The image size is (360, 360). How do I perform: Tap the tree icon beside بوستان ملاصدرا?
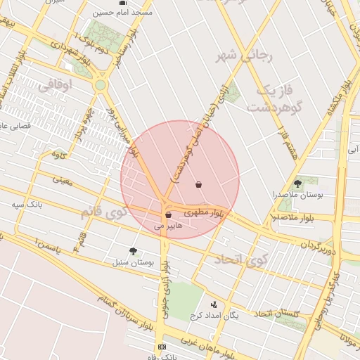(x=298, y=183)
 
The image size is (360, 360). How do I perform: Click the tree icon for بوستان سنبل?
(x=133, y=251)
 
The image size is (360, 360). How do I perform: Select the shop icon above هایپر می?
(x=168, y=215)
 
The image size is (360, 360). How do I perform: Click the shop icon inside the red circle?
(x=199, y=185)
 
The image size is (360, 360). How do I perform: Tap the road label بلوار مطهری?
(x=207, y=211)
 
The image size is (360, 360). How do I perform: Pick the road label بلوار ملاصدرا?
(x=290, y=217)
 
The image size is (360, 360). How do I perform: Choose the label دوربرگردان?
(x=321, y=247)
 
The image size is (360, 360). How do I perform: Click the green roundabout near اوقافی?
(x=101, y=85)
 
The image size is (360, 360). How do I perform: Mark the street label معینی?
(x=62, y=180)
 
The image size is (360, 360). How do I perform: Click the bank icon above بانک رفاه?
(x=162, y=347)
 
